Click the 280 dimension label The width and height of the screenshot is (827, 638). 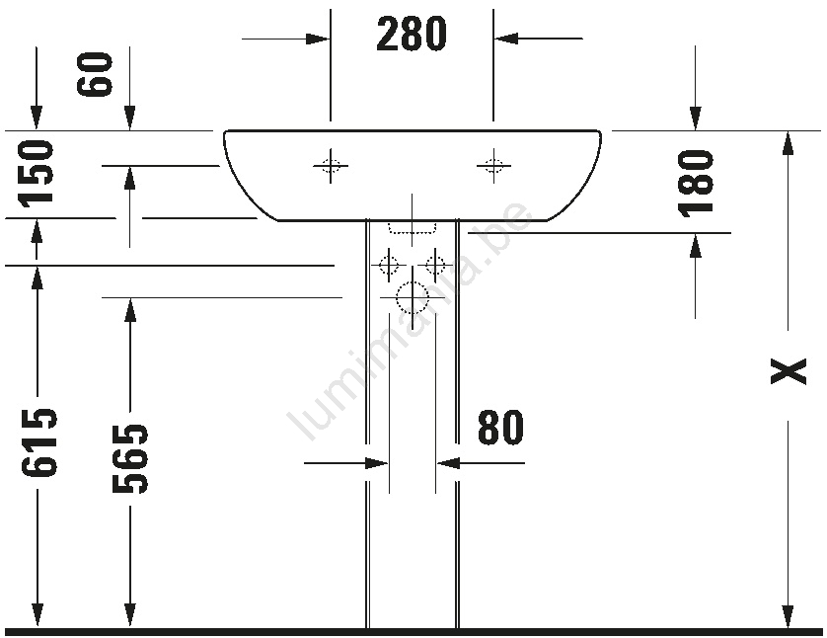click(x=412, y=34)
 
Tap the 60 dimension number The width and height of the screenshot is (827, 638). click(x=95, y=74)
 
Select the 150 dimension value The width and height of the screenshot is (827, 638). click(x=36, y=172)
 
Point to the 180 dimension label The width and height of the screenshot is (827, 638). click(x=696, y=183)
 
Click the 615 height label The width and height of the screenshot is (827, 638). click(x=38, y=443)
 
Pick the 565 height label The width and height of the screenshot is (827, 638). click(x=130, y=458)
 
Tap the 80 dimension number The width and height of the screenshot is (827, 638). click(x=500, y=427)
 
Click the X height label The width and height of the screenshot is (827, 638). click(x=789, y=371)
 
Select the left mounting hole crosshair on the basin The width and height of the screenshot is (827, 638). click(x=331, y=166)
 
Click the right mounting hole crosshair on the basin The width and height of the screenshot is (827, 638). click(x=493, y=166)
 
